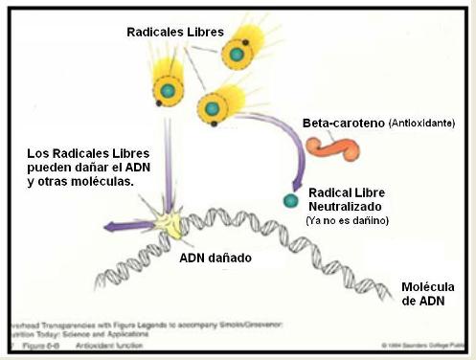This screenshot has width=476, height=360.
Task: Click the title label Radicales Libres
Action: [174, 33]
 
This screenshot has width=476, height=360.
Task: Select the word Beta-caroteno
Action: [343, 124]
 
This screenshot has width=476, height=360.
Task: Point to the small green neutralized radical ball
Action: [289, 200]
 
